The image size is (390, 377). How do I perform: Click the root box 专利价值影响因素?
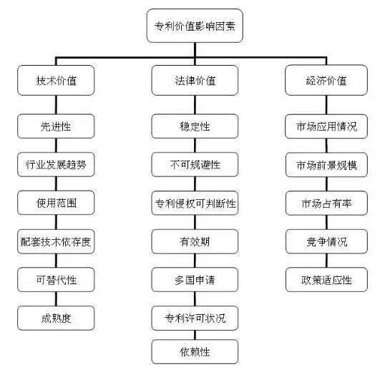coord(195,26)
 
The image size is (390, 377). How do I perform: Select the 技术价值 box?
coord(56,80)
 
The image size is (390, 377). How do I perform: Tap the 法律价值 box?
coord(195,80)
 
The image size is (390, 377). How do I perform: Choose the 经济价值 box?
coord(326,80)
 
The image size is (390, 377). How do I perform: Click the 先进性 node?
coord(56,126)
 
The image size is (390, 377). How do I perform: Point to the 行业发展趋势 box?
coord(56,164)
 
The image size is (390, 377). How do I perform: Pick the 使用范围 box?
coord(56,203)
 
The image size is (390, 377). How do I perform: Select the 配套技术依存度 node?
coord(56,241)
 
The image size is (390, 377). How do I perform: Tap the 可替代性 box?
coord(56,280)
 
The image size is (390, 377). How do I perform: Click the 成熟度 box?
coord(56,318)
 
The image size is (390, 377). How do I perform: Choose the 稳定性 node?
coord(195,126)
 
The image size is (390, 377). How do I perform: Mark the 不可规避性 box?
coord(195,164)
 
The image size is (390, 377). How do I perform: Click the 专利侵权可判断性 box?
coord(195,203)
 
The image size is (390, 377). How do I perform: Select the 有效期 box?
coord(195,241)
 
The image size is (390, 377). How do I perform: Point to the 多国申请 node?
coord(195,280)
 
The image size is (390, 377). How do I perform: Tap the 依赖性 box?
coord(195,352)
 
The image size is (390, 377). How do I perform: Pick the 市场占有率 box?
coord(326,203)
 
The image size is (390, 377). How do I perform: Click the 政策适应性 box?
coord(326,280)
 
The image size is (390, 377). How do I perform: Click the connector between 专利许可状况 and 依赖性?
coord(195,335)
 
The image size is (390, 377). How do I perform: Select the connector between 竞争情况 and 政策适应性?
coord(326,261)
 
